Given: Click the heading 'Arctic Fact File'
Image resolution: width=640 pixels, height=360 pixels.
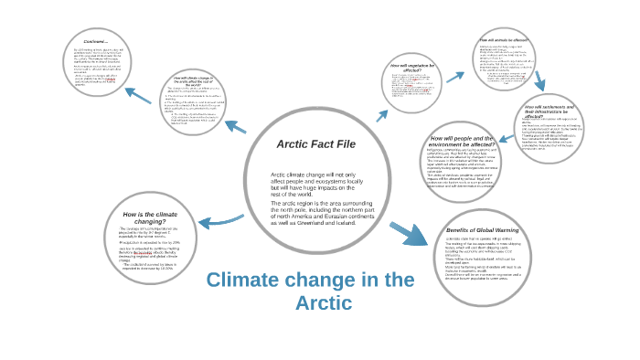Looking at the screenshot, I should coord(315,144).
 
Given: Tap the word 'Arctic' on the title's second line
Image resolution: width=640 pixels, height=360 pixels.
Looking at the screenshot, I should coord(324,303).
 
